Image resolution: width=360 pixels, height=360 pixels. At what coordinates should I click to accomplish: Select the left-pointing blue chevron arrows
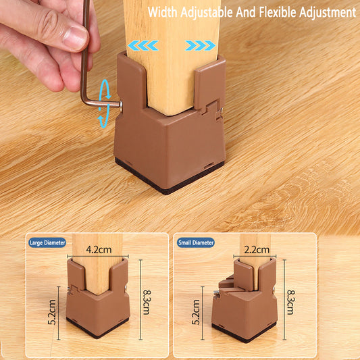tap(143, 45)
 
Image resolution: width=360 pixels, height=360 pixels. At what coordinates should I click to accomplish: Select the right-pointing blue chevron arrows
tap(200, 45)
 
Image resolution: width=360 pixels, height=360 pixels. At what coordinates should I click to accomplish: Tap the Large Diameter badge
tap(47, 242)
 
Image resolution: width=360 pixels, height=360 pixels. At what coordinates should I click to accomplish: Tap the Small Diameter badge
tap(196, 242)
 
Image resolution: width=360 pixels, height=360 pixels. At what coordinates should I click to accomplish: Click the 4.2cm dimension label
tap(99, 249)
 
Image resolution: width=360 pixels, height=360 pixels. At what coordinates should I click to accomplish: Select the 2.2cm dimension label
tap(257, 249)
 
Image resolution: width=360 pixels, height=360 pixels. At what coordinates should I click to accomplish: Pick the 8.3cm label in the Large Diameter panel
tap(147, 302)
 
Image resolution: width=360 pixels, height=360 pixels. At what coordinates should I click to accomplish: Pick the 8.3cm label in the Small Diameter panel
tap(291, 302)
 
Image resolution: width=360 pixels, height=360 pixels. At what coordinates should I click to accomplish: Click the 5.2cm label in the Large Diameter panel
tap(52, 312)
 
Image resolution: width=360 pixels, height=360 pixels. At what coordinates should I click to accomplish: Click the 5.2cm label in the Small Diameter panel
tap(196, 312)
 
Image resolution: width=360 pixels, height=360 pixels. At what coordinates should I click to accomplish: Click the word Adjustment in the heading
tap(328, 12)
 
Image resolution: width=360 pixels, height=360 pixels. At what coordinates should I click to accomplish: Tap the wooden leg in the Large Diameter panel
tap(97, 264)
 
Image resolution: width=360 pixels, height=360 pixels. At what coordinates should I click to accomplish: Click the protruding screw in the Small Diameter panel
tap(216, 292)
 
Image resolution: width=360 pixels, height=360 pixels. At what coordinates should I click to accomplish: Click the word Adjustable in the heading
tap(207, 12)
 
